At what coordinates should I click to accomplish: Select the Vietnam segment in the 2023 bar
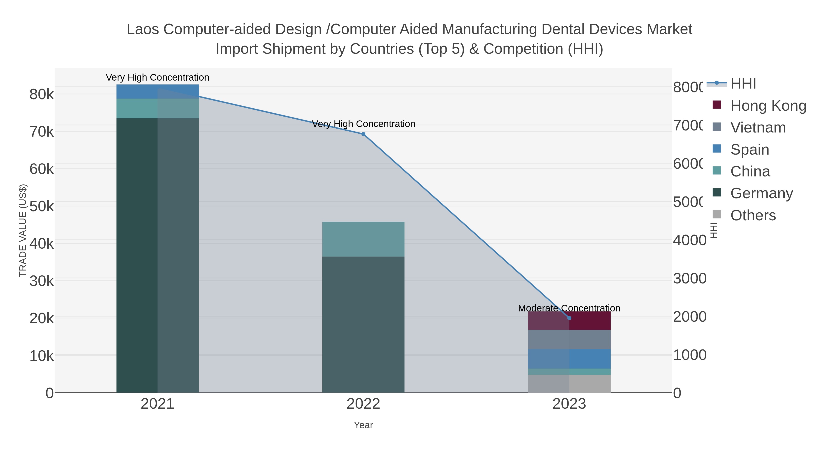(569, 339)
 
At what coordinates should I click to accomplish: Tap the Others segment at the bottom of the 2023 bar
(569, 383)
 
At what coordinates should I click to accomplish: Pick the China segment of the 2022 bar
(363, 239)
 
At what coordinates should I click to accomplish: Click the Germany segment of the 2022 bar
(363, 324)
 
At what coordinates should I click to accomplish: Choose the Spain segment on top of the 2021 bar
(157, 92)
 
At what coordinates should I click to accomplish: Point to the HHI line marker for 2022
(363, 134)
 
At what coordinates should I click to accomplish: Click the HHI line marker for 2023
(569, 318)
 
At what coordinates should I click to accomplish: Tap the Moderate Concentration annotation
(569, 308)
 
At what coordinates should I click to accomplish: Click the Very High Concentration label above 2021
(157, 77)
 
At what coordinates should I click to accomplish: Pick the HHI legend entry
(743, 84)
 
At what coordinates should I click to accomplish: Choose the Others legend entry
(753, 215)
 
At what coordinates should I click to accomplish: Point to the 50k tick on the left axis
(42, 206)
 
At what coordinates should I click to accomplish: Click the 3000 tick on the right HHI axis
(690, 278)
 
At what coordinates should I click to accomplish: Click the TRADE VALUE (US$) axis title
(23, 230)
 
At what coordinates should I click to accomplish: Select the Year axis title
(363, 425)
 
